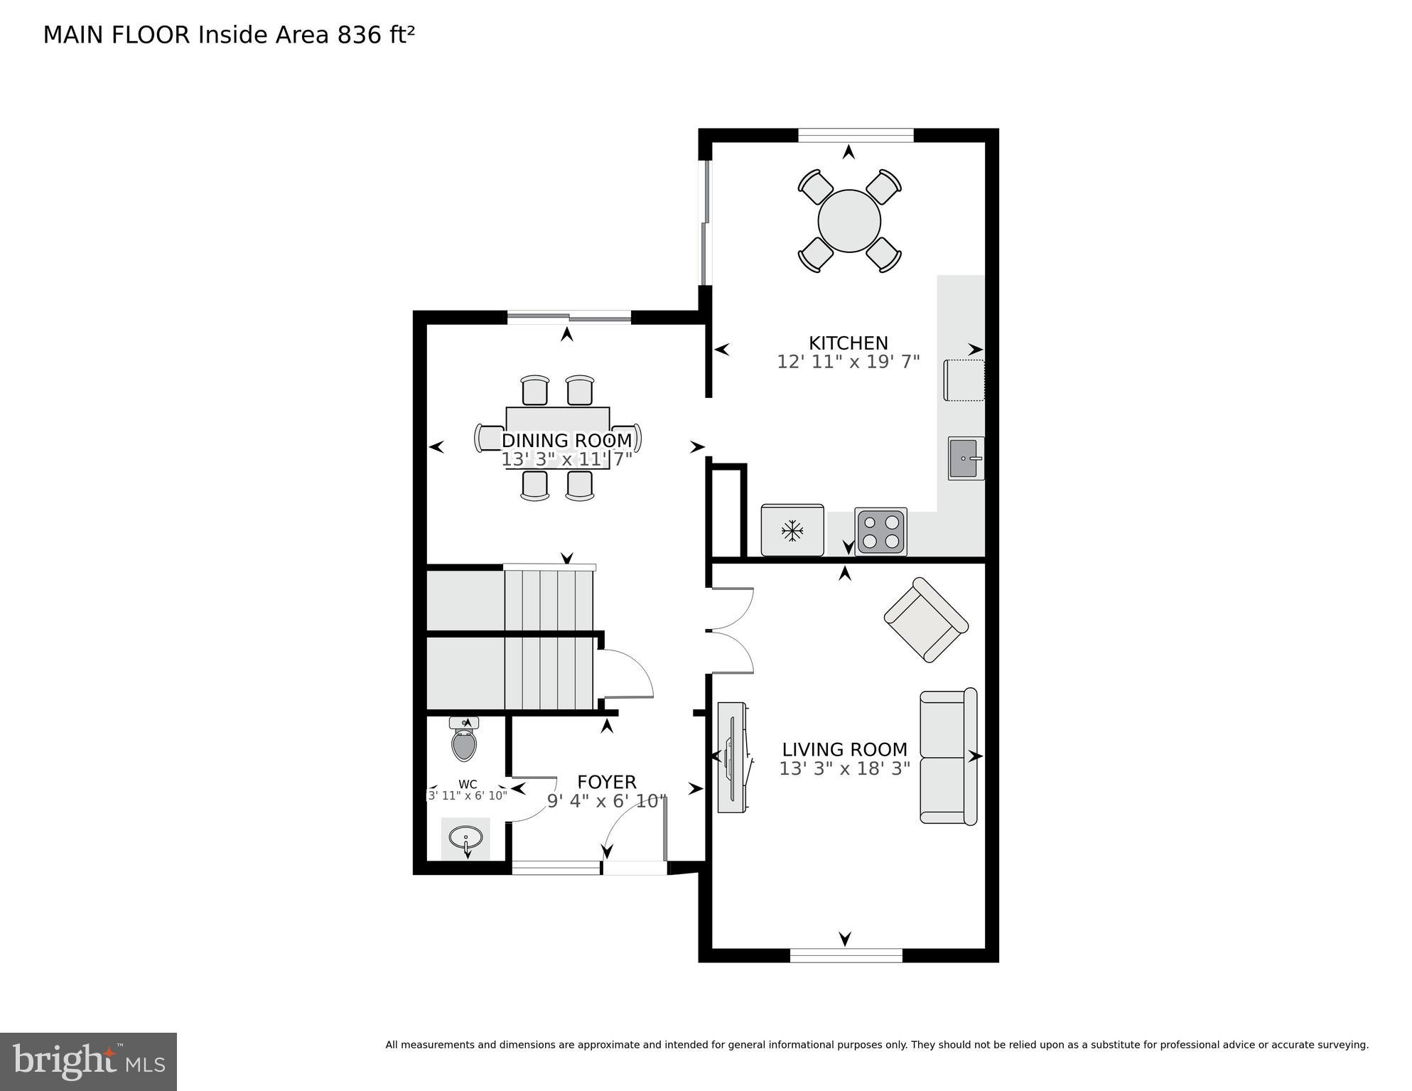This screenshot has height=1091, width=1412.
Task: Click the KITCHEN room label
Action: pos(848,343)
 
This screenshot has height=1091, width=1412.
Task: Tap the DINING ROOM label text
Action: pos(566,441)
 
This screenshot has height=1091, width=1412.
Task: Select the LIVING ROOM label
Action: pos(844,750)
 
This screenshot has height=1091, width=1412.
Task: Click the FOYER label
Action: pos(606,783)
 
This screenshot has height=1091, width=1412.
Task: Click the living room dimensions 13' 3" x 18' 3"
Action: pos(844,769)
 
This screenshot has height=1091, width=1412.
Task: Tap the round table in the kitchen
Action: pos(849,220)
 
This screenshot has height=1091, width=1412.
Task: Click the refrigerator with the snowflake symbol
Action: pos(792,530)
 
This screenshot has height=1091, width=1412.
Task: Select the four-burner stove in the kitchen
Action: pos(880,531)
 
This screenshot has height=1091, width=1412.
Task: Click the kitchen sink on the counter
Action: pos(966,458)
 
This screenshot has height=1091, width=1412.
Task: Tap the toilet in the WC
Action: pos(464,741)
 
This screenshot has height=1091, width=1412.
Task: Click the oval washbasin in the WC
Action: pos(465,839)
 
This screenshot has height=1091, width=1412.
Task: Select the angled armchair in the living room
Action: pos(925,620)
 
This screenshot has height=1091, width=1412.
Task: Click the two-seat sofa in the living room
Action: pos(948,756)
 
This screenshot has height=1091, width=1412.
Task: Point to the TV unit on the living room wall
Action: pos(732,757)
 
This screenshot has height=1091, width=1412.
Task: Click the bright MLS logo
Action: pos(88,1062)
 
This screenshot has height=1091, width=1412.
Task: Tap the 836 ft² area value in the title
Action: pos(376,35)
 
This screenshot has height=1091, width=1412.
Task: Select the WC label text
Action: pos(468,785)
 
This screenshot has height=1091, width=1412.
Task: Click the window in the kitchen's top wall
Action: pos(855,135)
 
